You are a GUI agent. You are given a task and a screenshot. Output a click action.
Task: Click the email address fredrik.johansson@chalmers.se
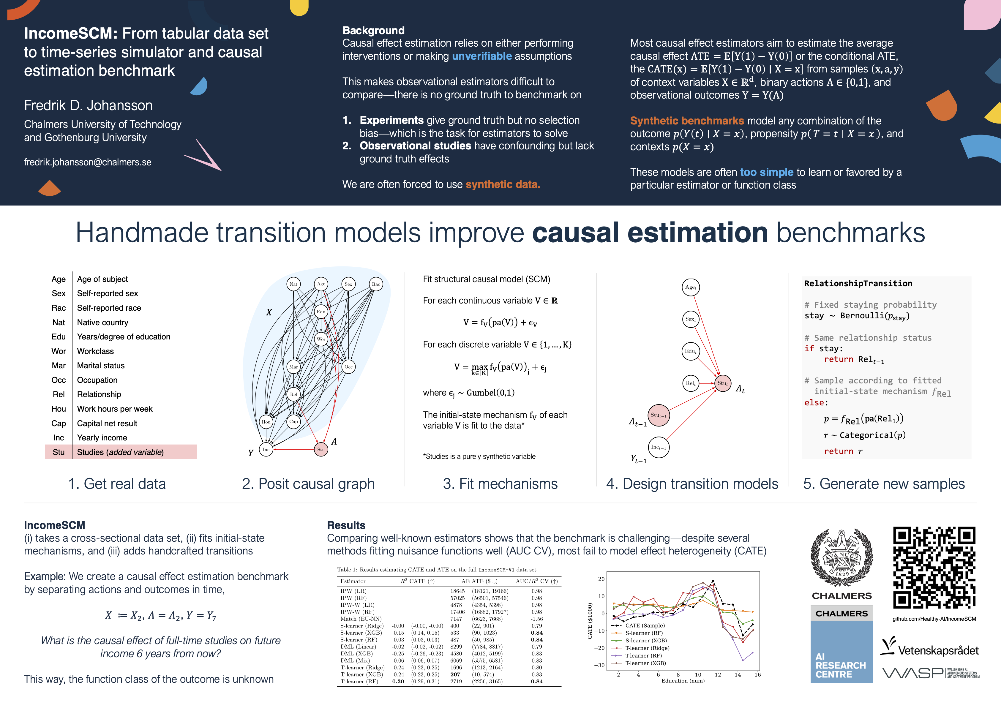pyautogui.click(x=88, y=162)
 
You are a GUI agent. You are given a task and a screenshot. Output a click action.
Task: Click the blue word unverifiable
pyautogui.click(x=482, y=56)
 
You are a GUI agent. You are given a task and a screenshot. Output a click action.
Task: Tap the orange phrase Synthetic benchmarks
pyautogui.click(x=687, y=121)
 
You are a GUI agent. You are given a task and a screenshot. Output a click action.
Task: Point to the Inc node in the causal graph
pyautogui.click(x=266, y=449)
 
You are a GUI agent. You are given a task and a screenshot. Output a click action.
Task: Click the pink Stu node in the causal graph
pyautogui.click(x=321, y=449)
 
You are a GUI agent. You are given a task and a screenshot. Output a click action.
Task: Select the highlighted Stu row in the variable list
pyautogui.click(x=121, y=452)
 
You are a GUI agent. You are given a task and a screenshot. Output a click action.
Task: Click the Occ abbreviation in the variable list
pyautogui.click(x=59, y=380)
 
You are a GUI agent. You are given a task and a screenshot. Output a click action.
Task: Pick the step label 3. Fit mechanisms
pyautogui.click(x=500, y=484)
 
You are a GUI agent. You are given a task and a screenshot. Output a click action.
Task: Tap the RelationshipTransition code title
pyautogui.click(x=858, y=283)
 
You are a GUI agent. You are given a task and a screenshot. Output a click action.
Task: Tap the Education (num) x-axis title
pyautogui.click(x=683, y=681)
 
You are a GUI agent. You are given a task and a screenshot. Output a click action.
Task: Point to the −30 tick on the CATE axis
pyautogui.click(x=601, y=665)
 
